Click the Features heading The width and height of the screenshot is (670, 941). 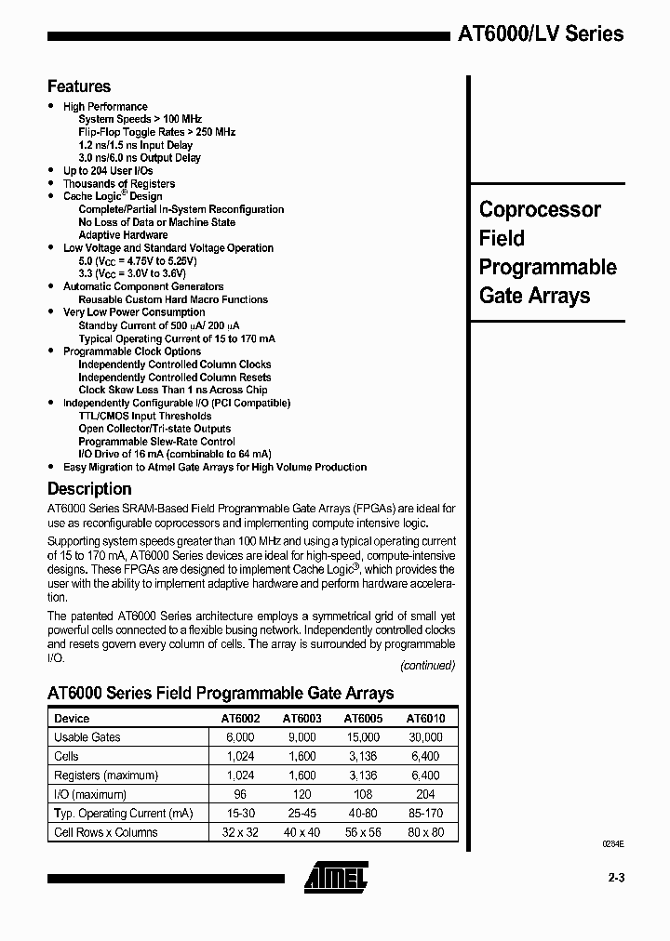click(79, 86)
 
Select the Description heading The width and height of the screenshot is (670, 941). click(89, 488)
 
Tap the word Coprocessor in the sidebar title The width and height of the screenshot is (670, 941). click(540, 209)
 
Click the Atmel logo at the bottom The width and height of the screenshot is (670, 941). click(336, 876)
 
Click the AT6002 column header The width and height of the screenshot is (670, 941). click(240, 718)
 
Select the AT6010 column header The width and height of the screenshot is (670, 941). click(425, 718)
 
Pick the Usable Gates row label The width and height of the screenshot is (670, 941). click(87, 736)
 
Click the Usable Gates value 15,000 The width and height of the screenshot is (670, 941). click(363, 736)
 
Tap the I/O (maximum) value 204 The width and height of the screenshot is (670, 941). click(425, 794)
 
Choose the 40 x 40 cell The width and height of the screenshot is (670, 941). click(301, 832)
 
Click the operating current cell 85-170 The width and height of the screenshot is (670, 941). click(425, 814)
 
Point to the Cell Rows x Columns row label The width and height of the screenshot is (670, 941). click(106, 832)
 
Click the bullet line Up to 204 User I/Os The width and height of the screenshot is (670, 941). click(108, 171)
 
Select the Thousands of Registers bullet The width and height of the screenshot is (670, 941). click(119, 184)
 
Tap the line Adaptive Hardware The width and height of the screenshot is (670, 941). click(123, 235)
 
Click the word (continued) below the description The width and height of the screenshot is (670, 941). click(427, 665)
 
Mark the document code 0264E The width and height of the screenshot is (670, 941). click(611, 842)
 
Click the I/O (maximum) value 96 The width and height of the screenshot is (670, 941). click(240, 794)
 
